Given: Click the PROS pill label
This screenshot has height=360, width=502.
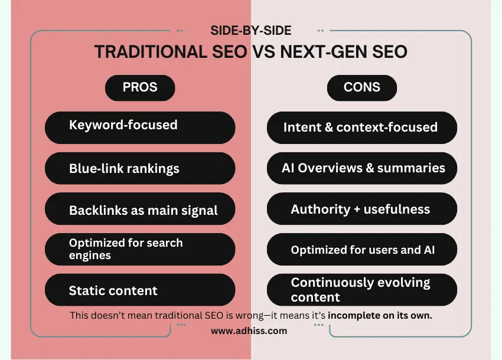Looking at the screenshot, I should pyautogui.click(x=140, y=87).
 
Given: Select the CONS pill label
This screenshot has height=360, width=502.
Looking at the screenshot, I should pyautogui.click(x=362, y=87).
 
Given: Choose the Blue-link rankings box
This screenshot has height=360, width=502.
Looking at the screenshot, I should pyautogui.click(x=140, y=168).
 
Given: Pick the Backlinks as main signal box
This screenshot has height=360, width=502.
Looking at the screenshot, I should pyautogui.click(x=140, y=210).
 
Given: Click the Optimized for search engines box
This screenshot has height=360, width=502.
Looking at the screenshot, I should pyautogui.click(x=140, y=249).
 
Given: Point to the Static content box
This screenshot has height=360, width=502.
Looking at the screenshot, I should pyautogui.click(x=140, y=290).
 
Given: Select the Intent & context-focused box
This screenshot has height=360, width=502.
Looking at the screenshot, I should pyautogui.click(x=362, y=127).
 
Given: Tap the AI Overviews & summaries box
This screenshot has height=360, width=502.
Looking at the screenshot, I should pyautogui.click(x=362, y=168).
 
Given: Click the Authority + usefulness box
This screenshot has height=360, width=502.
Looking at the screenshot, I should pyautogui.click(x=362, y=209).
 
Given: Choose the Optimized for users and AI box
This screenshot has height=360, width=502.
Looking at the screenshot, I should pyautogui.click(x=362, y=249).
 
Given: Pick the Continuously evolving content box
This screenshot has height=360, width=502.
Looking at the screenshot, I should pyautogui.click(x=362, y=289).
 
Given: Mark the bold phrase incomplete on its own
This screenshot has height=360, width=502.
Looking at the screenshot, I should pyautogui.click(x=380, y=316).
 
